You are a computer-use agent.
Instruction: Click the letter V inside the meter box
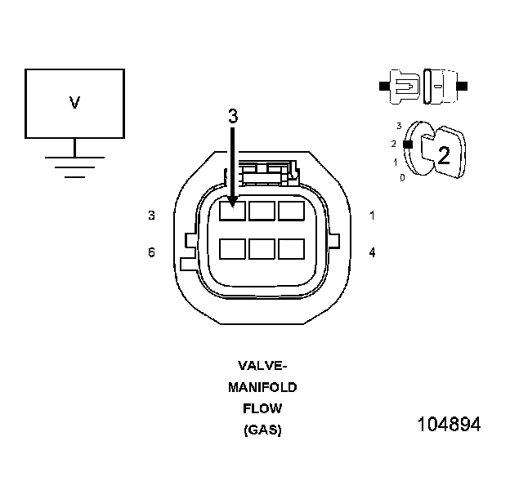pyautogui.click(x=74, y=103)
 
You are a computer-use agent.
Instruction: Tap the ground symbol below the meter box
pyautogui.click(x=74, y=164)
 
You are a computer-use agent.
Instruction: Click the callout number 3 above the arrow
pyautogui.click(x=233, y=117)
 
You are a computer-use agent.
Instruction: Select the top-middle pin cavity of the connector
pyautogui.click(x=262, y=211)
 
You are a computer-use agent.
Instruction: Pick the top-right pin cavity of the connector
pyautogui.click(x=291, y=211)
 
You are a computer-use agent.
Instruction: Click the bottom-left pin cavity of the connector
pyautogui.click(x=233, y=248)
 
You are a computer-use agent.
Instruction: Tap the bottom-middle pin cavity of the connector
pyautogui.click(x=262, y=248)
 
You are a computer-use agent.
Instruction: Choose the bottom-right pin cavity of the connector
pyautogui.click(x=291, y=248)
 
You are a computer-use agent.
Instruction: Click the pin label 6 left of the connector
pyautogui.click(x=151, y=252)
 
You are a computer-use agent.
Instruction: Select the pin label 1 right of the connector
pyautogui.click(x=372, y=216)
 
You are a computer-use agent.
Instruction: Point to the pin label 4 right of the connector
pyautogui.click(x=372, y=252)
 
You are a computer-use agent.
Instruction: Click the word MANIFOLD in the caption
pyautogui.click(x=262, y=386)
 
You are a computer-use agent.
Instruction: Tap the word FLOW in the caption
pyautogui.click(x=262, y=408)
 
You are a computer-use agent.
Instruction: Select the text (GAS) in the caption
pyautogui.click(x=262, y=430)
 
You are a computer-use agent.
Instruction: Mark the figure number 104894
pyautogui.click(x=449, y=425)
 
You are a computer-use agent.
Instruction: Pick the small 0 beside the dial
pyautogui.click(x=401, y=176)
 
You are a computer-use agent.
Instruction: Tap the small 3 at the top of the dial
pyautogui.click(x=398, y=127)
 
